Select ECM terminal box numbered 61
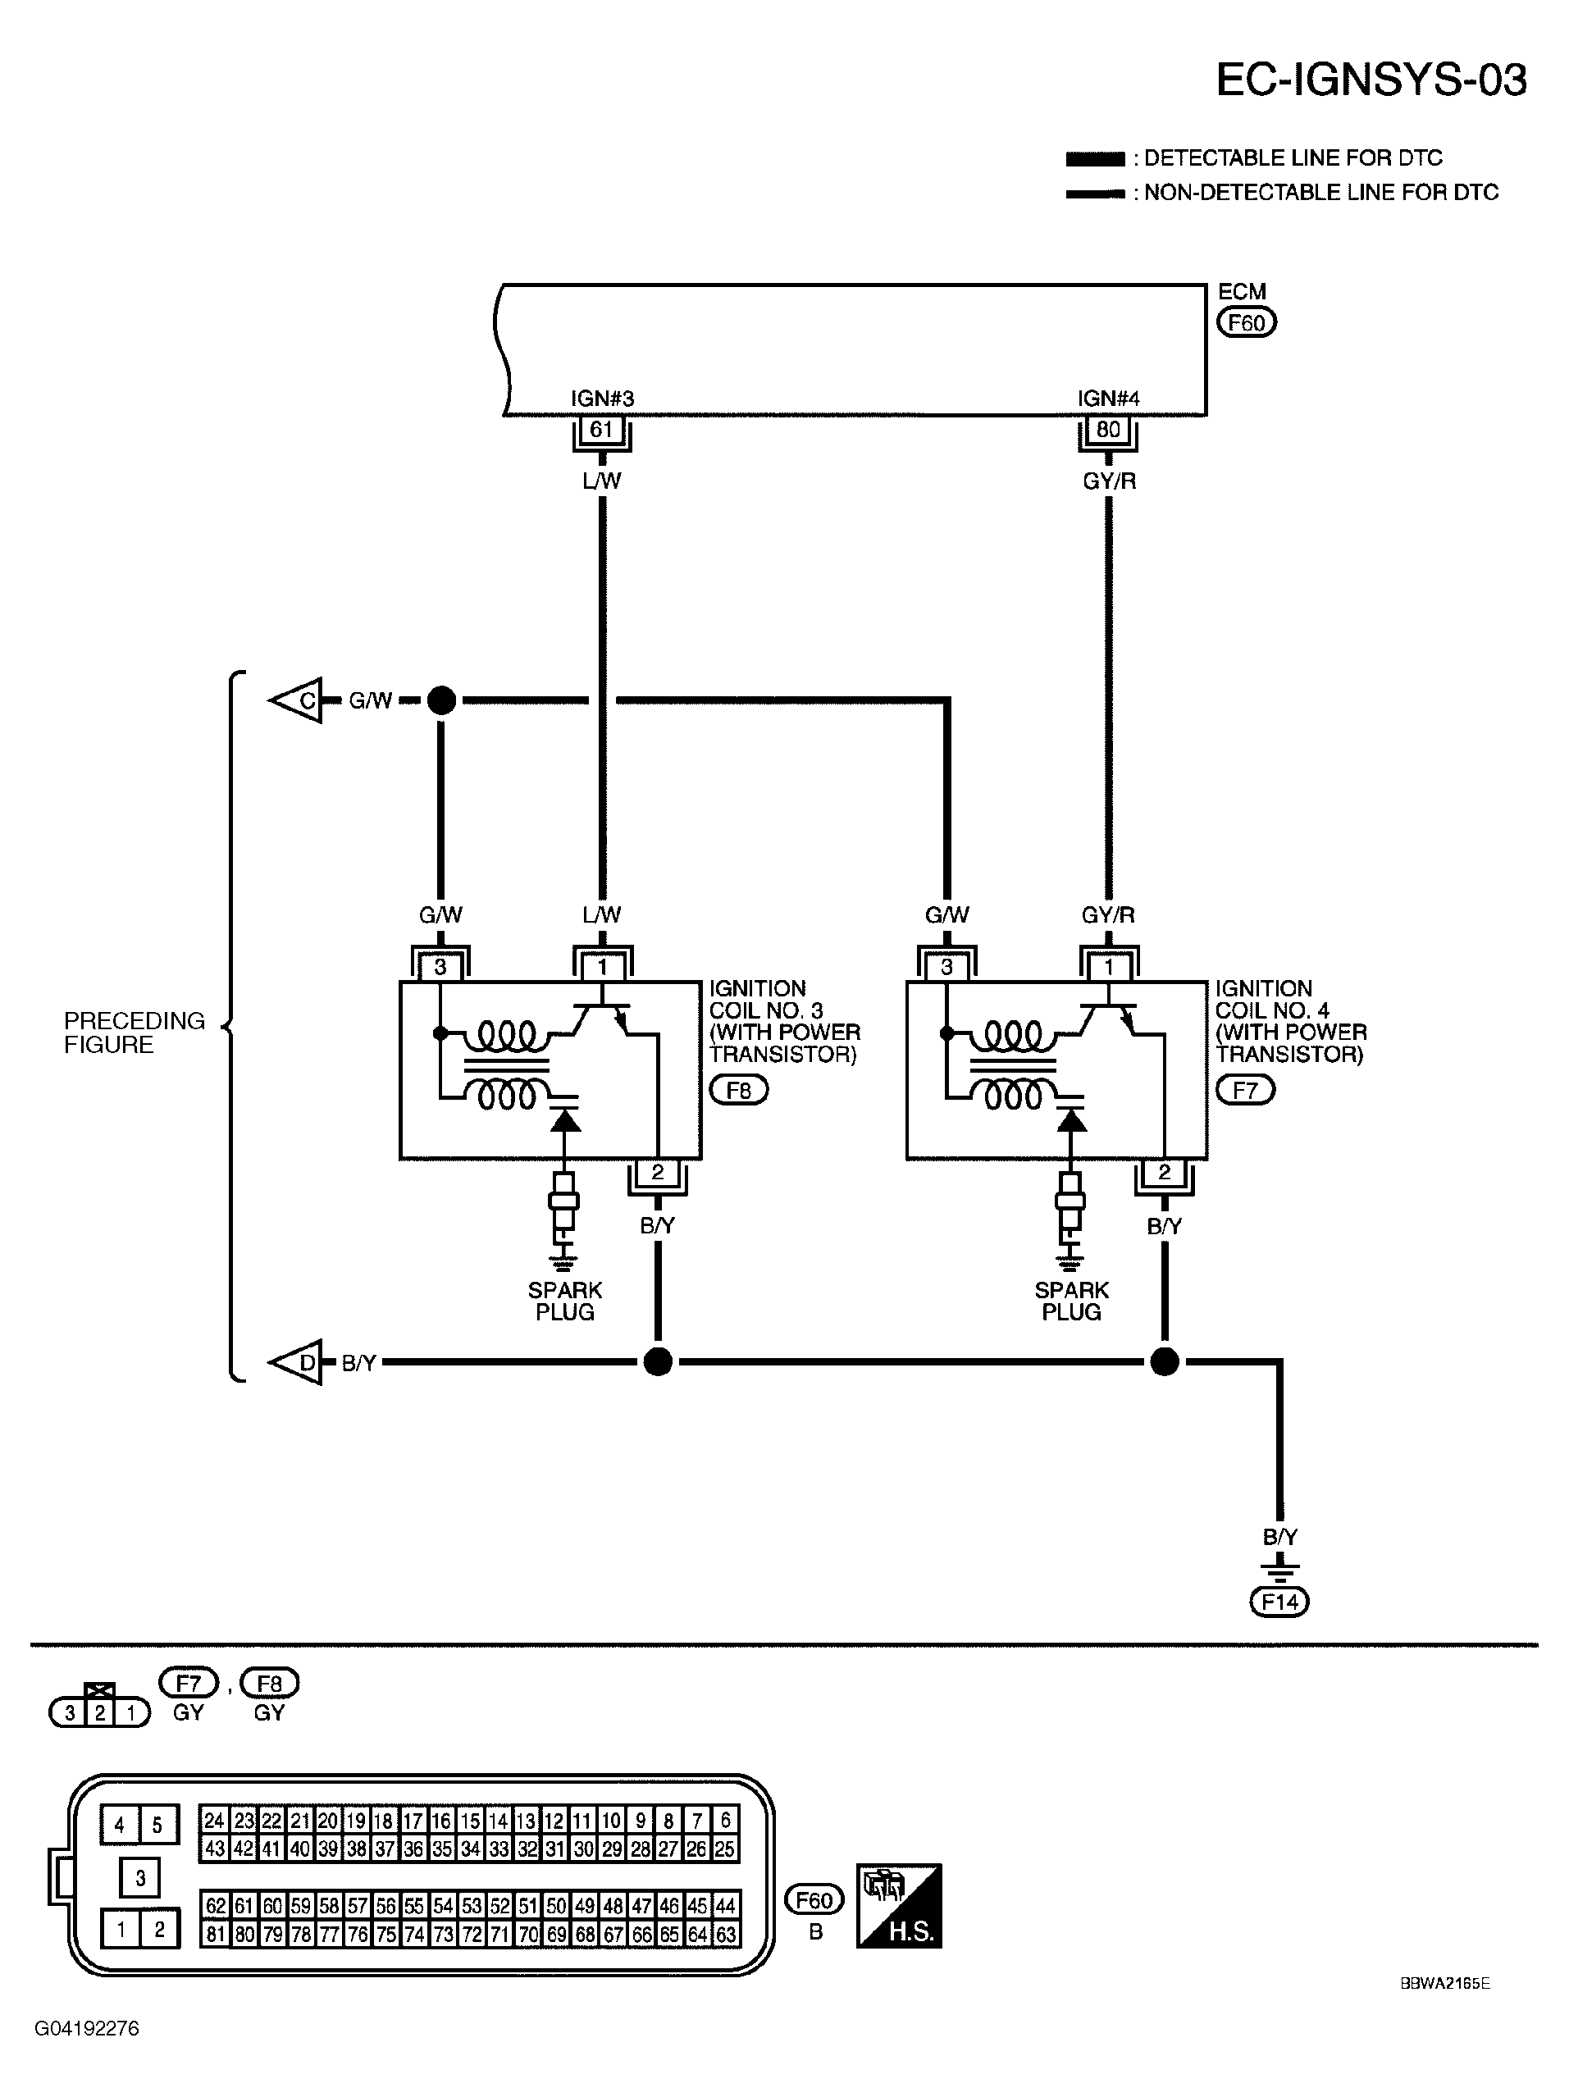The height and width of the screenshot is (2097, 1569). point(601,430)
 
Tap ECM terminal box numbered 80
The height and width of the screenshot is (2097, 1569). point(1107,430)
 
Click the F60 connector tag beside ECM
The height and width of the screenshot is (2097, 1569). point(1247,323)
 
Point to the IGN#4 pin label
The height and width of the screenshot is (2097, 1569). point(1107,399)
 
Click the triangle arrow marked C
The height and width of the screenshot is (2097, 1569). point(299,700)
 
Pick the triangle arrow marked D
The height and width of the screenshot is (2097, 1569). point(299,1362)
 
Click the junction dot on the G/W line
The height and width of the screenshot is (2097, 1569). point(440,700)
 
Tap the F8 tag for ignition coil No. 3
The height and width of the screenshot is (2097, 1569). point(738,1090)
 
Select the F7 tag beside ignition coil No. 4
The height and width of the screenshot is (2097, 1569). point(1245,1090)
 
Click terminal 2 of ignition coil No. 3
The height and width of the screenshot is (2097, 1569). point(657,1173)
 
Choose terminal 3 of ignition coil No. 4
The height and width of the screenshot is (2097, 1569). point(946,967)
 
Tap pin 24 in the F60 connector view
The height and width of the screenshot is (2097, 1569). point(214,1820)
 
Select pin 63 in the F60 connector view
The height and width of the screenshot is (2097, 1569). point(726,1934)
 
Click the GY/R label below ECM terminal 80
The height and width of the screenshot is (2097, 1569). point(1108,481)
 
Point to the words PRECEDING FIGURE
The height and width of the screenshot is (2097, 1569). point(134,1033)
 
